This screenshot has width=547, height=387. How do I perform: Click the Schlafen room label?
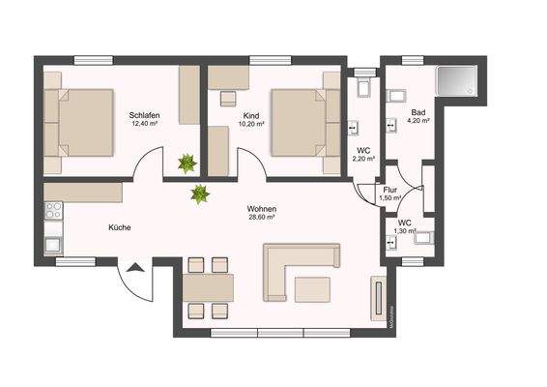point(144,116)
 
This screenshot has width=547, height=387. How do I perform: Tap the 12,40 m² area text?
point(144,125)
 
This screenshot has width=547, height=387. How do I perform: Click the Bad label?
point(417,112)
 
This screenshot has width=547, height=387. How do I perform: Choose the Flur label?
point(391,190)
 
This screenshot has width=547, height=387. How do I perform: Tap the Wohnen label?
point(262,209)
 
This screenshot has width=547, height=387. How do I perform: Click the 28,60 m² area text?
point(262,218)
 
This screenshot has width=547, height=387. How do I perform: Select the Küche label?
point(120,227)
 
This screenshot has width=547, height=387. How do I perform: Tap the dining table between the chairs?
point(208,286)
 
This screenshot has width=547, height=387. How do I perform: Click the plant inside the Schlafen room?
point(185,162)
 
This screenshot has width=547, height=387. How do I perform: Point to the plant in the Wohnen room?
point(199,193)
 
